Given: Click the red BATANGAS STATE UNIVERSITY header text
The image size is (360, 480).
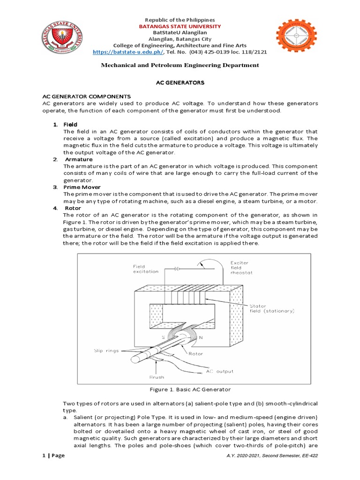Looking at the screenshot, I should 180,27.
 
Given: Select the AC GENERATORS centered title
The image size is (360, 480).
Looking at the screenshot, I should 180,82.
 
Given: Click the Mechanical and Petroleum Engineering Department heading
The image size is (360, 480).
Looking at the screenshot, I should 180,65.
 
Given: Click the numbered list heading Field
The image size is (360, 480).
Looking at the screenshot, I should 70,124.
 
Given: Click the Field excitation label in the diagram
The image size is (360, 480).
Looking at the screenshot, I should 146,269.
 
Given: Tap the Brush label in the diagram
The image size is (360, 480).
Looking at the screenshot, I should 157,377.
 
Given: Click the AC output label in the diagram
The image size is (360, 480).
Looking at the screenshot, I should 220,371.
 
